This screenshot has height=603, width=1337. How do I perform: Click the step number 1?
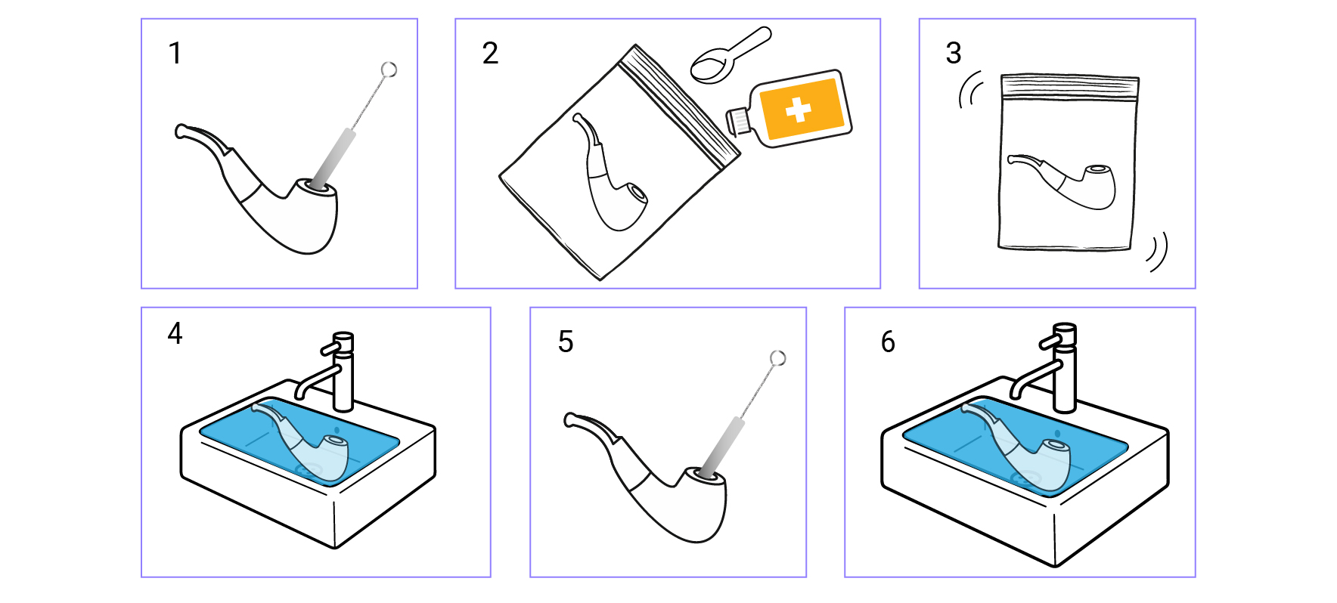point(175,54)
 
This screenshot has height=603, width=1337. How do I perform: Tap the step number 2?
point(490,54)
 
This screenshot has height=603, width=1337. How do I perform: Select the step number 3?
point(954,54)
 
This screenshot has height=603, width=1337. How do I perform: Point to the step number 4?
point(175,333)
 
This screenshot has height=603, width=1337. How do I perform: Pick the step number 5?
point(566,342)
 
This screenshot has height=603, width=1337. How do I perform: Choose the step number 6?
point(888,342)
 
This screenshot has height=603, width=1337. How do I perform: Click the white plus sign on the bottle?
point(798,110)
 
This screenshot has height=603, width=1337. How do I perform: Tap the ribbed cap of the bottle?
point(738,121)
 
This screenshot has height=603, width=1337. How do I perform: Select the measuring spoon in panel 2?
point(730,56)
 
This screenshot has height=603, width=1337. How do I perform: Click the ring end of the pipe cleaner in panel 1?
point(389,70)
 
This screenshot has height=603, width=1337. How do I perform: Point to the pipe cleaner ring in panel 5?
point(777,358)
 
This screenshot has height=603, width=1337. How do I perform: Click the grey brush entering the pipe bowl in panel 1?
point(333,159)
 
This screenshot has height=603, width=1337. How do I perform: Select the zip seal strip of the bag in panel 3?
point(1069,88)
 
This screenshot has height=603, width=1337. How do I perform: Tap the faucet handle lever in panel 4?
point(333,347)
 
